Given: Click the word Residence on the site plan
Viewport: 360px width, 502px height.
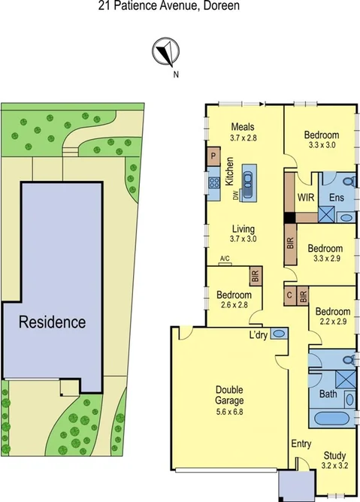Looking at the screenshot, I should [x=53, y=322].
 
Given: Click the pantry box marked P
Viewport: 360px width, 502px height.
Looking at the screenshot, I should [x=213, y=157].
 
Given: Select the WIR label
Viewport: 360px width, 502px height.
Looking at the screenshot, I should [x=305, y=197].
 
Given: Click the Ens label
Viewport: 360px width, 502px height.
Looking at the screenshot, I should [x=337, y=198].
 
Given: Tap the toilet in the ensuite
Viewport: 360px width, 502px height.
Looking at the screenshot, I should [x=348, y=181].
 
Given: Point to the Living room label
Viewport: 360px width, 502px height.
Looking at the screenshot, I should [x=244, y=228].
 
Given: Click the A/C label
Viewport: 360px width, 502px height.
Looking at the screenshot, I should [x=225, y=259].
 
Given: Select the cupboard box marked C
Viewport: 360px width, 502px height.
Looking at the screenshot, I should [x=289, y=295].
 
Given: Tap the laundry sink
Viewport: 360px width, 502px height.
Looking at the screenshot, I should [x=277, y=334].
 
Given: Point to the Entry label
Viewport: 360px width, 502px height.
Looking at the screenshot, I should [x=301, y=443].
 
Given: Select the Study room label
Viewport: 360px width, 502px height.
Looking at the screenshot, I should [x=334, y=455].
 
